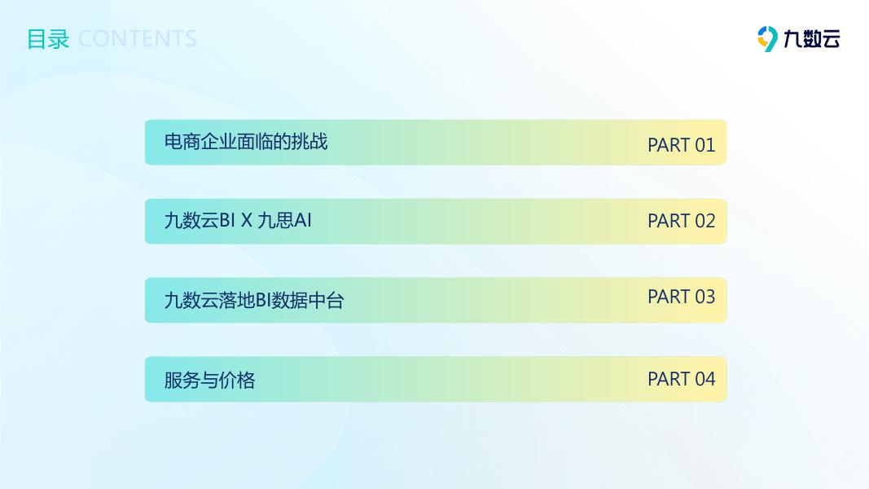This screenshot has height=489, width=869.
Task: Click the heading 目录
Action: coord(48,39)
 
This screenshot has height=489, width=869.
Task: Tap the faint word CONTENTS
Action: coord(138,39)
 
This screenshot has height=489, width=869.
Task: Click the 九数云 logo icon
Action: coord(767,39)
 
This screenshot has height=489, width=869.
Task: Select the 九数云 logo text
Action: coord(812,39)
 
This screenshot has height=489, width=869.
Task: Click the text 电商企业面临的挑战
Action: coord(246,142)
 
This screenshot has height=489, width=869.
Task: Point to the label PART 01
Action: coord(682,145)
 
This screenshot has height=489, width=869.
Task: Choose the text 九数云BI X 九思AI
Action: coord(238,221)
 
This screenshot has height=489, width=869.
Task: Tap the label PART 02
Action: coord(682,221)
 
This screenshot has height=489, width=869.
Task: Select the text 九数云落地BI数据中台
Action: coord(254,301)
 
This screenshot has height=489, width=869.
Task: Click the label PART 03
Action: coord(682,297)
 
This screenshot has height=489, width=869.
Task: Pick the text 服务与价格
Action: coord(209,381)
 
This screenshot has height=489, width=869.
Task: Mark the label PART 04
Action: coord(682,379)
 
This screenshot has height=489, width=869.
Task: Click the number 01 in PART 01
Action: coord(705,145)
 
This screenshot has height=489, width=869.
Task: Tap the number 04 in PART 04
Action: coord(705,379)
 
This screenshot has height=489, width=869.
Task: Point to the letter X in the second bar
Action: coord(247,221)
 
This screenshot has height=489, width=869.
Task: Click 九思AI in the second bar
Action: coord(285,221)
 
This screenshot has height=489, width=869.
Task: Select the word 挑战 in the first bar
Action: coord(309,142)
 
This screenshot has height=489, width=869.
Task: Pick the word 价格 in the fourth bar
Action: coord(237,381)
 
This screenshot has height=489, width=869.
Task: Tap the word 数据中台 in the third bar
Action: coord(308,301)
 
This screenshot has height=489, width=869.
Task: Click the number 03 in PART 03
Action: coord(705,297)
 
